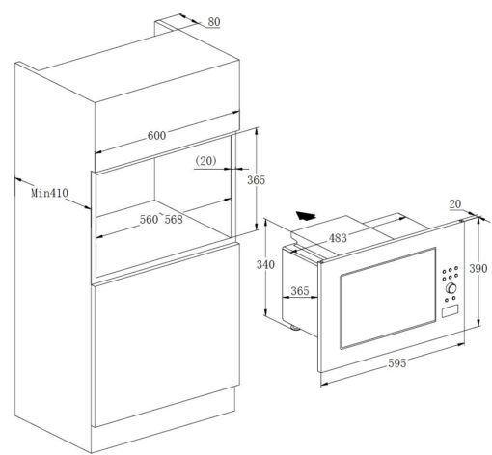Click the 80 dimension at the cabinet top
point(214,22)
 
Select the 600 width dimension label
point(156,136)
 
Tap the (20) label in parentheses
point(206,161)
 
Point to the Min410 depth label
point(49,193)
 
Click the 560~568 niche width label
point(161,219)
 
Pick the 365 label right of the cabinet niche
point(256,180)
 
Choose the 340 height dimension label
point(265,264)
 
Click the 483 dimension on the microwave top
point(338,238)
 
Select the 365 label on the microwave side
point(300,291)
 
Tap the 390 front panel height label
point(478,268)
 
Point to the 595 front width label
point(397,363)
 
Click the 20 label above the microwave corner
point(455,204)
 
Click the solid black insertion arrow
point(306,216)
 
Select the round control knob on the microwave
point(451,288)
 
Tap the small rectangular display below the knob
point(450,311)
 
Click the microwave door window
point(388,298)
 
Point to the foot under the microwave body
point(294,328)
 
